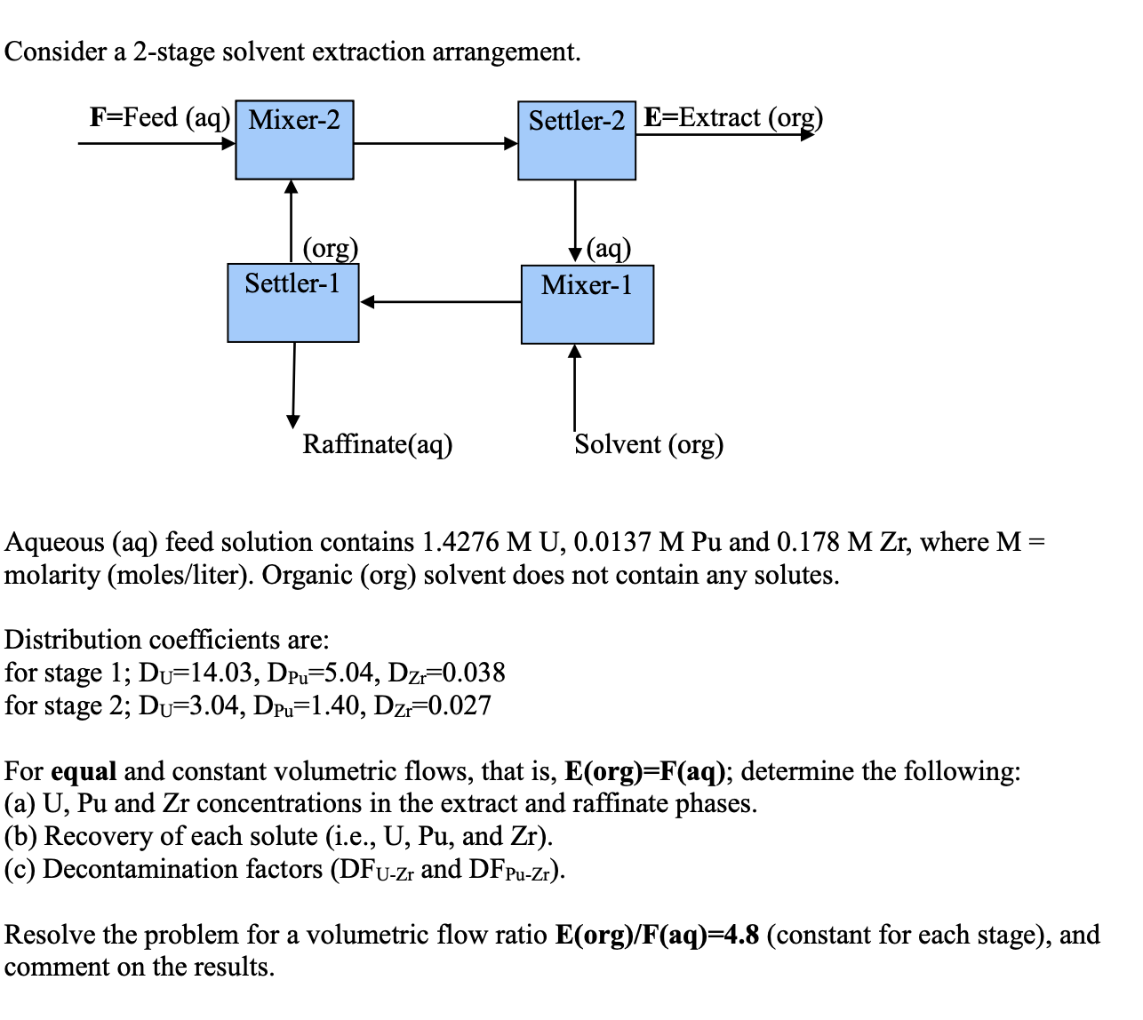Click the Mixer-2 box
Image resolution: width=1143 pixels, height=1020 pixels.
tap(294, 139)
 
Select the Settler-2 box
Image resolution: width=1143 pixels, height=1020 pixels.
tap(576, 140)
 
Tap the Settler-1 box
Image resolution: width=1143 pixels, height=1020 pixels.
tap(292, 303)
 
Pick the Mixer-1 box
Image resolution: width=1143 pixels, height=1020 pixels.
tap(587, 305)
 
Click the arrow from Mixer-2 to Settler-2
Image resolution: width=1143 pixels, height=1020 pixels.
tap(436, 143)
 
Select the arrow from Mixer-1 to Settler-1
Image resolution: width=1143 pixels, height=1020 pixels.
tap(440, 302)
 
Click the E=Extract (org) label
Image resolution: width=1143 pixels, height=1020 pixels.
tap(733, 117)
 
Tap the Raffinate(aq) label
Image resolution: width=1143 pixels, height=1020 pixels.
tap(378, 443)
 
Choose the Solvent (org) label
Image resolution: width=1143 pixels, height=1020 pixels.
tap(649, 443)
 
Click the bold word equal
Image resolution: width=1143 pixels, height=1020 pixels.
tap(84, 770)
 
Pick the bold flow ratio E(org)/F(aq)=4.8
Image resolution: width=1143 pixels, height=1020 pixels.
tap(657, 935)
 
